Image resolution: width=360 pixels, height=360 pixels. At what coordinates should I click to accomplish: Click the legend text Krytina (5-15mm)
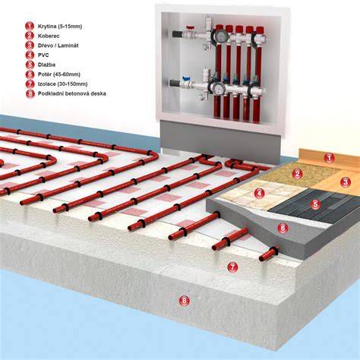60,27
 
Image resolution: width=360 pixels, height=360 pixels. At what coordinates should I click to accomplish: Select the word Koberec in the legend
49,36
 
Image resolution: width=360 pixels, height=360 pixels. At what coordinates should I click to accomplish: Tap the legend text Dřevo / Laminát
58,46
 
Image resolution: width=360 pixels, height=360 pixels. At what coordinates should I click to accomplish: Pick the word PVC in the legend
43,55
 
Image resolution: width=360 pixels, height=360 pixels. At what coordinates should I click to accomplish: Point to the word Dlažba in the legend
46,65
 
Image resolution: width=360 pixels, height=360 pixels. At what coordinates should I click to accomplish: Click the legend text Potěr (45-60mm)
59,74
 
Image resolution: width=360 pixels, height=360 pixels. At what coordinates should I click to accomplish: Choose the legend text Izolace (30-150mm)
62,84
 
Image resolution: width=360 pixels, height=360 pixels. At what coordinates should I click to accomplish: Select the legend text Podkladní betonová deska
72,93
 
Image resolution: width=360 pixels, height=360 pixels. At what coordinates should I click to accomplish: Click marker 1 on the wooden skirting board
329,158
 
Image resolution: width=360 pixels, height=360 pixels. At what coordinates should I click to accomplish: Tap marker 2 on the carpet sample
297,173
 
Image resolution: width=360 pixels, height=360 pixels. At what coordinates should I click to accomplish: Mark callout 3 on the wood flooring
346,182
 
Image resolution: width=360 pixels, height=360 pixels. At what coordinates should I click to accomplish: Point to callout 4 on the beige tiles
259,194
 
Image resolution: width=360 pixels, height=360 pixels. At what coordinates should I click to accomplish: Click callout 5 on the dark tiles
315,204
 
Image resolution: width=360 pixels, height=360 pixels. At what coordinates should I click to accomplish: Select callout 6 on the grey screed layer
283,228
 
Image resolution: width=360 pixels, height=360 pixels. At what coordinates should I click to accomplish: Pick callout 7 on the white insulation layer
232,267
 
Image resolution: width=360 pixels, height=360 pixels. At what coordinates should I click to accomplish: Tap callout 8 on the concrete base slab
184,301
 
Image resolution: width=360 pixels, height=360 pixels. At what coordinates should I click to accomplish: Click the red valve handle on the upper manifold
189,27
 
